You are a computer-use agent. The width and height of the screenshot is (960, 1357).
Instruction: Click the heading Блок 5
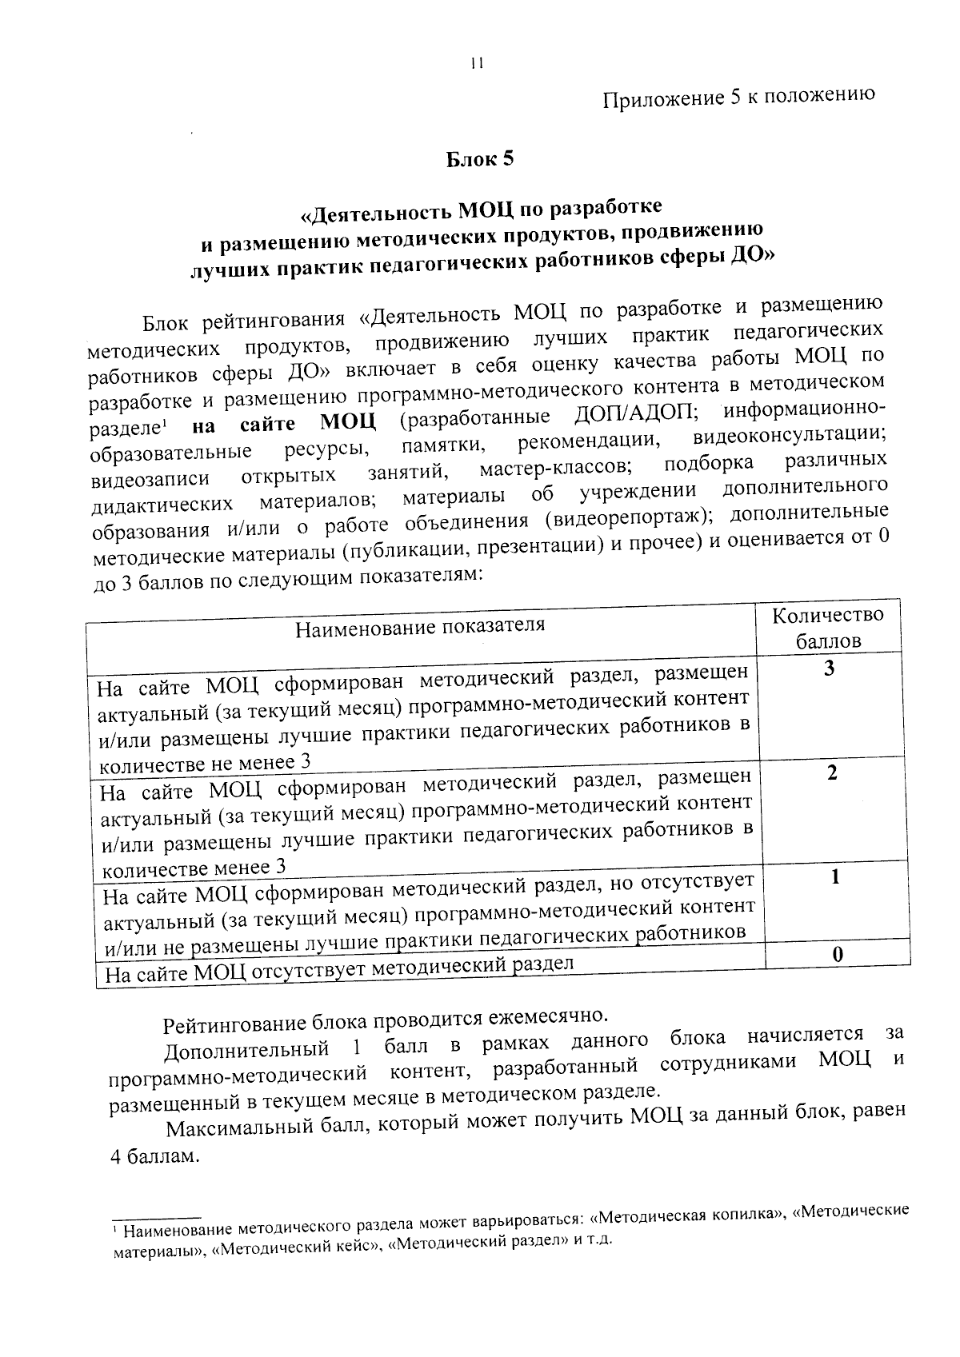tap(479, 159)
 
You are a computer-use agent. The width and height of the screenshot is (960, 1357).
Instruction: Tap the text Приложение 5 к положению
tap(738, 97)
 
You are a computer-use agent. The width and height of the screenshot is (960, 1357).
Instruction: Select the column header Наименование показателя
tap(420, 626)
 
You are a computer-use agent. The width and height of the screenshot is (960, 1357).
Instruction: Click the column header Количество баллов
tap(827, 628)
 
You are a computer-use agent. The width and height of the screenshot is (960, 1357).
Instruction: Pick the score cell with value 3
tap(829, 669)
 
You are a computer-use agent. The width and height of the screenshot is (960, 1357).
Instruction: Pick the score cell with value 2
tap(832, 773)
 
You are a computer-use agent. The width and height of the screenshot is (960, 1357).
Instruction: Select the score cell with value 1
tap(834, 877)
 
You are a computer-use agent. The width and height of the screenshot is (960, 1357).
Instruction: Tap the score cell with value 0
tap(837, 954)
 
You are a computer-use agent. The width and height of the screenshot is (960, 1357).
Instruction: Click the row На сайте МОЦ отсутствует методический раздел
tap(340, 971)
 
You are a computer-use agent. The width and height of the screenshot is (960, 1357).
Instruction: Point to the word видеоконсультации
tap(789, 437)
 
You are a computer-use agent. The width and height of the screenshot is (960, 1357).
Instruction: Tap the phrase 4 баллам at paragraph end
tap(153, 1157)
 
